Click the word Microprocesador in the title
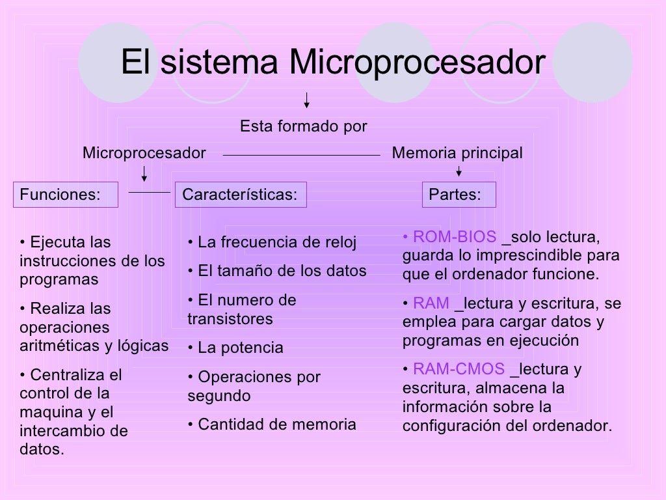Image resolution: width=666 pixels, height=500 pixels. point(416,63)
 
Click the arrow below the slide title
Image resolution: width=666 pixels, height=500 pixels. point(306,100)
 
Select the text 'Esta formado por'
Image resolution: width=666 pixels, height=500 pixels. point(304,126)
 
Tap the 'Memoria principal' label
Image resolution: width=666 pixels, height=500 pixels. point(457,153)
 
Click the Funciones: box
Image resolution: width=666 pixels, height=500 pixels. point(66,195)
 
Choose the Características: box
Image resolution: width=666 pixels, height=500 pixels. point(240,195)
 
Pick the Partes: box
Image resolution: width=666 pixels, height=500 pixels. point(459,195)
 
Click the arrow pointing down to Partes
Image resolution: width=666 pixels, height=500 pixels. point(459,171)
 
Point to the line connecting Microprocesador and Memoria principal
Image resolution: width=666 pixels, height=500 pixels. point(301,155)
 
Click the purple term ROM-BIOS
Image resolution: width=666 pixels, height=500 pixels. point(455,236)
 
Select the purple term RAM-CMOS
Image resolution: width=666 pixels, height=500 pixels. point(459,369)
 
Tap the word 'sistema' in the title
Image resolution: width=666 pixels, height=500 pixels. point(220,63)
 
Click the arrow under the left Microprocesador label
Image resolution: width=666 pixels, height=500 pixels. point(144,173)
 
